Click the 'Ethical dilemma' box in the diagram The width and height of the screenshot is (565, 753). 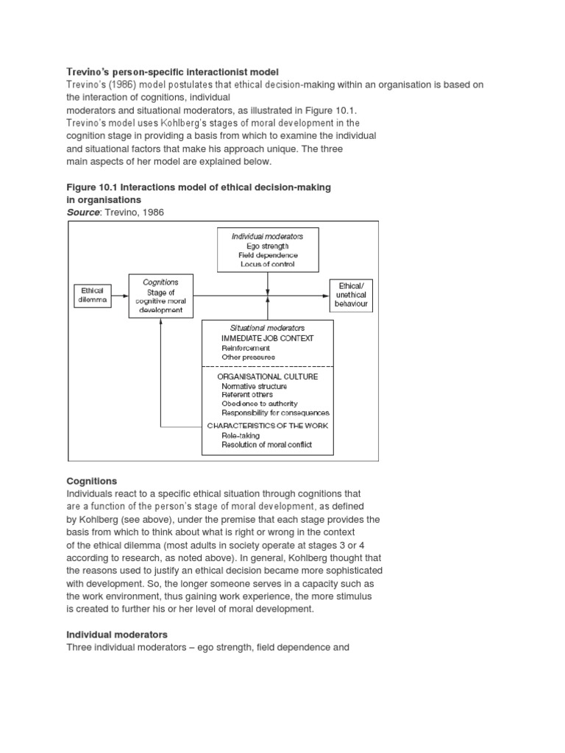[x=93, y=296]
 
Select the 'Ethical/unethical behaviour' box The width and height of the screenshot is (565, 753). [x=351, y=295]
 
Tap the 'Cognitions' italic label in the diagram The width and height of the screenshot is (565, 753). [x=160, y=282]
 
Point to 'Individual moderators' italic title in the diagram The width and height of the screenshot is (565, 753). [x=268, y=237]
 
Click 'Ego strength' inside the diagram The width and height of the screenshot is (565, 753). [x=268, y=246]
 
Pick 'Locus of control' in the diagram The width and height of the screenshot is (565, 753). [x=268, y=263]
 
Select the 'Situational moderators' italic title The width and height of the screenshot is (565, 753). [x=268, y=327]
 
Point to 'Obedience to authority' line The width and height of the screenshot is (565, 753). [x=260, y=404]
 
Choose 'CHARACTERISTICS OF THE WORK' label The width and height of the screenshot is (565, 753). [x=268, y=426]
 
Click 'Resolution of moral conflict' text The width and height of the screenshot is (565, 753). [x=266, y=444]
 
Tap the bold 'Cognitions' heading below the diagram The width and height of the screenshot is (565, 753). [x=92, y=481]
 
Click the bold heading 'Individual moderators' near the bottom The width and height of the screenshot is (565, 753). [x=118, y=634]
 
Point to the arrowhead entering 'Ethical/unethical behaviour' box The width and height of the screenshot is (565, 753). [x=324, y=296]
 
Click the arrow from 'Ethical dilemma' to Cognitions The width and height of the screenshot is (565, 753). [x=119, y=296]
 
